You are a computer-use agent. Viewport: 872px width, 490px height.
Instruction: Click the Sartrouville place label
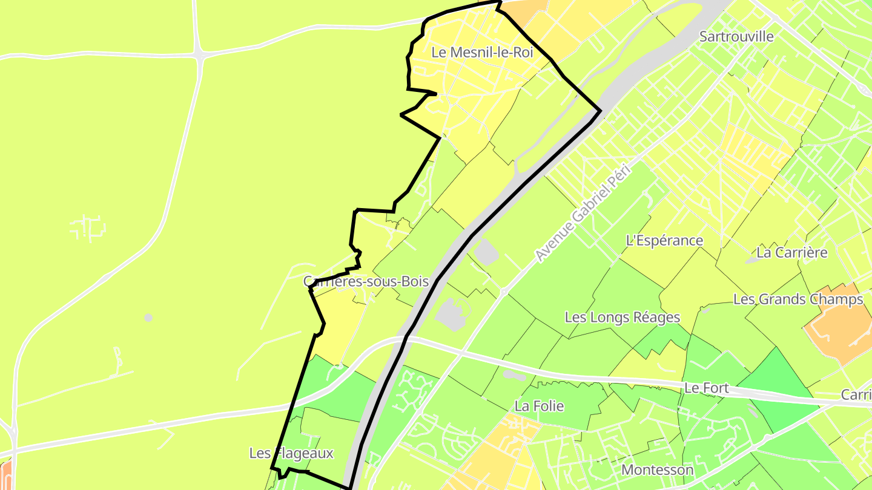pos(736,36)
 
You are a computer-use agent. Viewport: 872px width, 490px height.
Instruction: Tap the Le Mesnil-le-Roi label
pos(482,53)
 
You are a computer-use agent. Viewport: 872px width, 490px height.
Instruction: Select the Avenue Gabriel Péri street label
pos(583,213)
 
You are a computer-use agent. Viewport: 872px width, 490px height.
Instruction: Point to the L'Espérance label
pos(664,241)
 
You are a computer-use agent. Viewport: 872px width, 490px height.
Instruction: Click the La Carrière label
pos(792,252)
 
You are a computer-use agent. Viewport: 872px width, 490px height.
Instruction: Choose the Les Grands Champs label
pos(798,299)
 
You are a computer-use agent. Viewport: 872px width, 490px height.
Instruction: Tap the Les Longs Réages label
pos(623,317)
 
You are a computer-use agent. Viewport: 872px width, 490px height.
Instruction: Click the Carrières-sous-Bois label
pos(366,281)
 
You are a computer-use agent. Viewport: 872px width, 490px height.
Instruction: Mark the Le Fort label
pos(706,388)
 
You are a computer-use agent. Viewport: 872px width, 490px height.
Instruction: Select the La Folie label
pos(539,406)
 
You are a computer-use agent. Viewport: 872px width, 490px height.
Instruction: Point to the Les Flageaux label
pos(291,453)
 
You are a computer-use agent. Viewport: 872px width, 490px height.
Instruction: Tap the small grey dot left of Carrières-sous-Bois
pos(148,318)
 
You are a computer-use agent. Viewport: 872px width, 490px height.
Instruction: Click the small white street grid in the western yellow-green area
pos(88,229)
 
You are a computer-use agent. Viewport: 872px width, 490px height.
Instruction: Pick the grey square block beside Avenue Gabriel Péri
pos(486,252)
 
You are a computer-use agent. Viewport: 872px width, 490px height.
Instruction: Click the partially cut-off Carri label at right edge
pos(856,395)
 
